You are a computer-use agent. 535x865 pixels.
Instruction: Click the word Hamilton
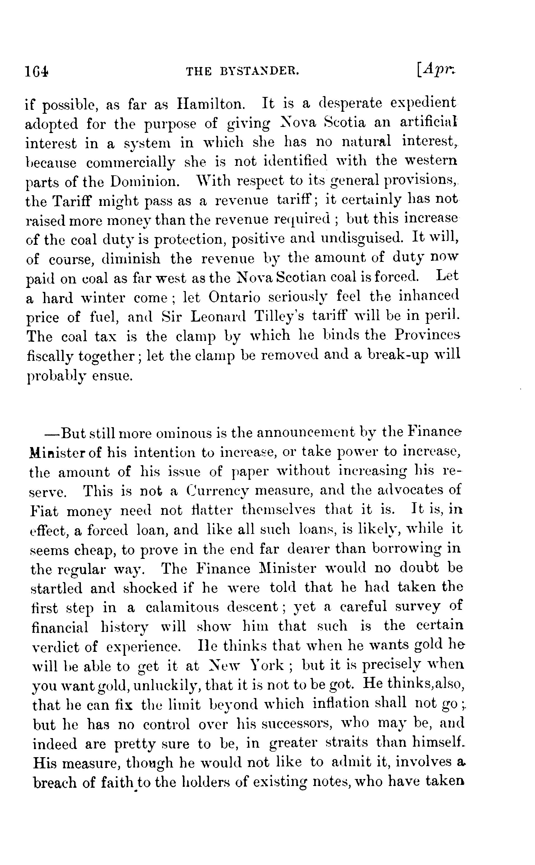210,104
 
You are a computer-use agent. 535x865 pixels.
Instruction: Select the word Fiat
44,511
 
